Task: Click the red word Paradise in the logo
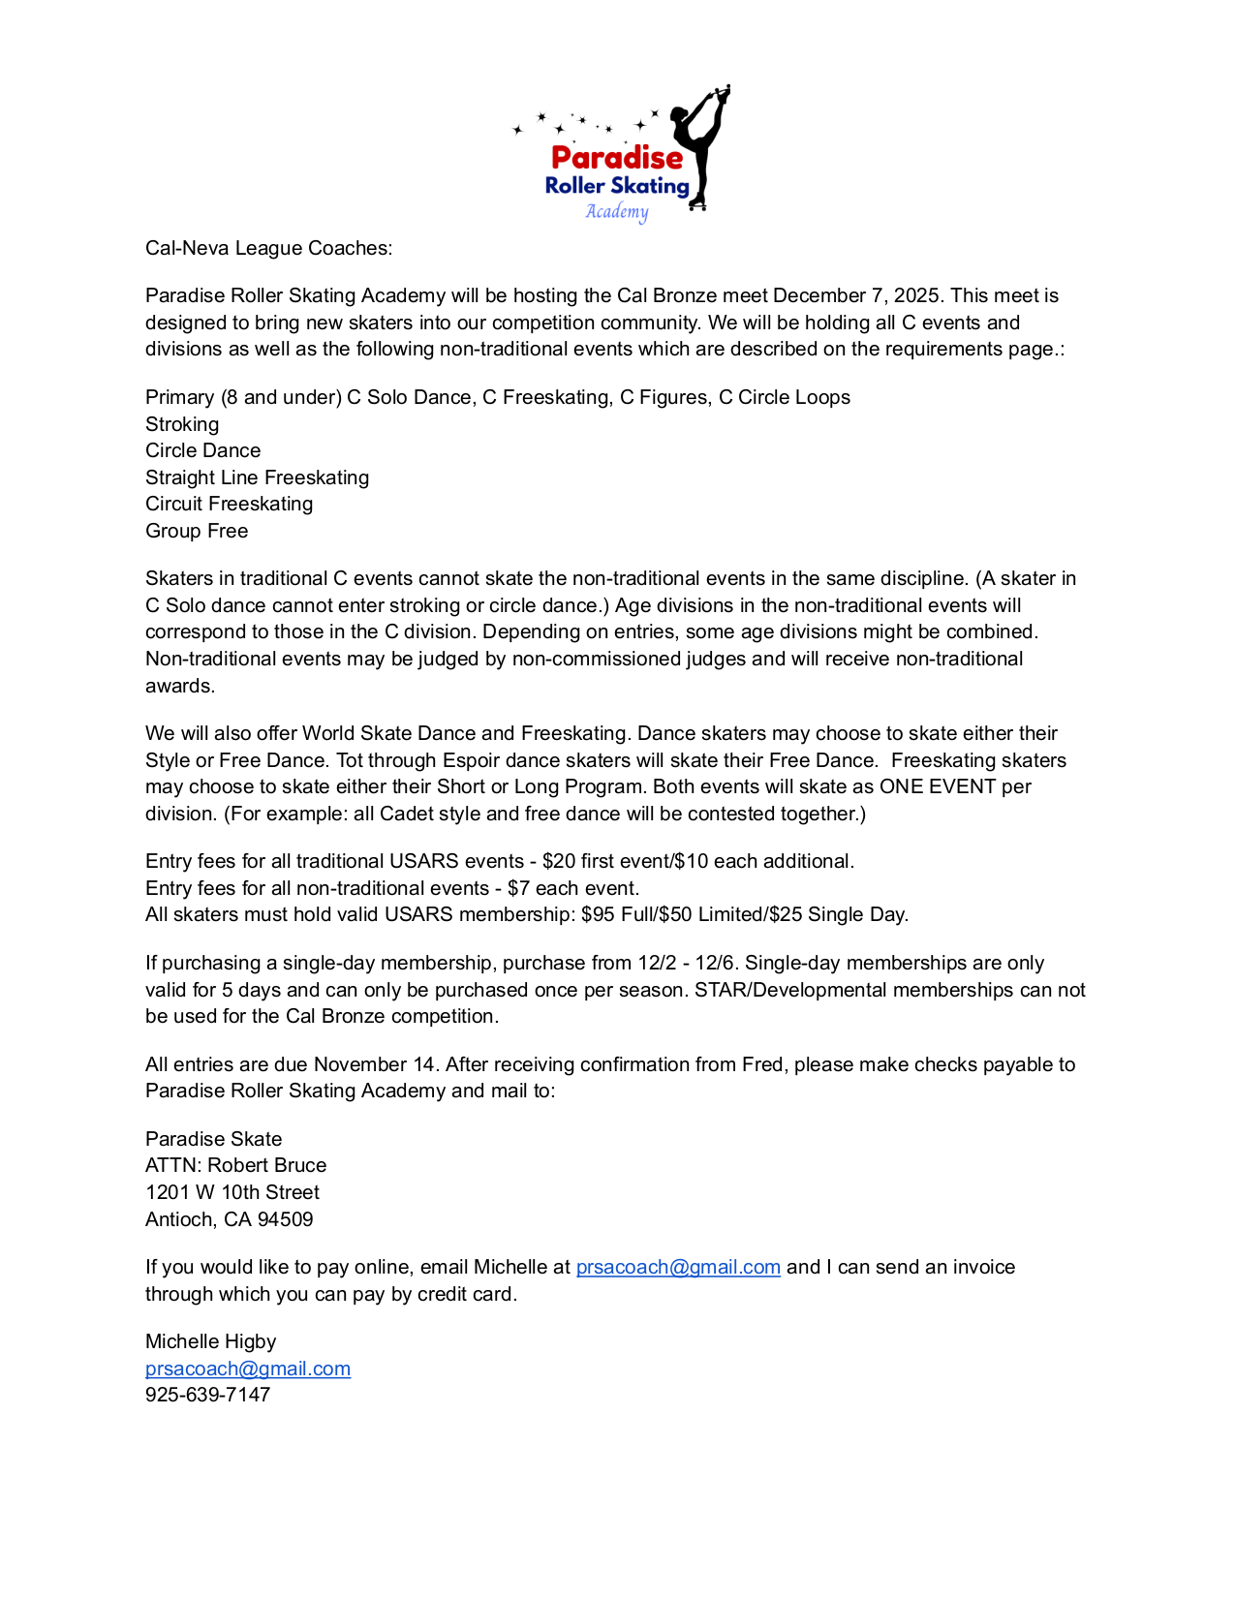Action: click(x=616, y=158)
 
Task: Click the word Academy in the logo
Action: click(x=616, y=212)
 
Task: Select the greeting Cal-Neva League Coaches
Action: click(x=268, y=248)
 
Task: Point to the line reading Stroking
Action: click(x=182, y=424)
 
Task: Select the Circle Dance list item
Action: click(x=202, y=450)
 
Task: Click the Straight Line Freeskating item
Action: click(x=257, y=477)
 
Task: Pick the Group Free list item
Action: click(x=197, y=531)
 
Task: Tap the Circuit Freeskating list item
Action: click(x=229, y=504)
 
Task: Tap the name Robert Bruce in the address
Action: click(x=266, y=1165)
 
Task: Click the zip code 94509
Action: click(x=285, y=1219)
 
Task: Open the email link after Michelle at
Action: click(x=678, y=1267)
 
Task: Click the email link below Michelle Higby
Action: click(x=248, y=1368)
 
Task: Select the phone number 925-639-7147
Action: click(x=207, y=1395)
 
